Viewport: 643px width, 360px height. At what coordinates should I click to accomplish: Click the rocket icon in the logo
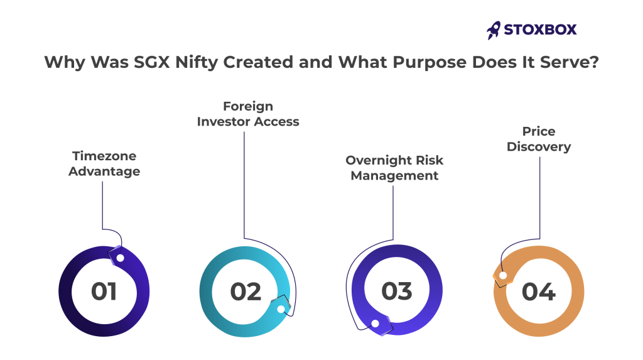(494, 30)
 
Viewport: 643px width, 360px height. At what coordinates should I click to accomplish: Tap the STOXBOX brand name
(540, 30)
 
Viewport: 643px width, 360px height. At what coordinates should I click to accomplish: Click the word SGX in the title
(152, 62)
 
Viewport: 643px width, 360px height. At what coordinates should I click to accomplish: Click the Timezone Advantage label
(104, 163)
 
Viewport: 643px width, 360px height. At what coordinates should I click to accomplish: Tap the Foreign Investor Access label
(248, 114)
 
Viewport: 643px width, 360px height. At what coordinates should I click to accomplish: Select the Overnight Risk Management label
(394, 168)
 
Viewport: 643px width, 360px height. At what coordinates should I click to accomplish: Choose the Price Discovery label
(539, 139)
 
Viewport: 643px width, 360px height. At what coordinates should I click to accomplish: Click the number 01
(104, 292)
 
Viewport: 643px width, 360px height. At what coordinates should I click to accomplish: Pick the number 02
(246, 292)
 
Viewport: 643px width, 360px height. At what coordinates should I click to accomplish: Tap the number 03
(397, 291)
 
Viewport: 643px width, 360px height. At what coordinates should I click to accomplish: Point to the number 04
(538, 292)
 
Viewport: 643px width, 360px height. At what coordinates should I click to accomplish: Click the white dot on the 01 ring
(120, 258)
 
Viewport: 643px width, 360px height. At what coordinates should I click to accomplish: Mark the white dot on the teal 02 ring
(281, 309)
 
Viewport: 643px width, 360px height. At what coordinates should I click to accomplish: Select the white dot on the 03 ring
(375, 324)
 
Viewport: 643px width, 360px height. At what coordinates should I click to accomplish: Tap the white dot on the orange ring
(503, 275)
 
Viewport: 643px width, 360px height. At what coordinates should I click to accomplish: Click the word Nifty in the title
(197, 63)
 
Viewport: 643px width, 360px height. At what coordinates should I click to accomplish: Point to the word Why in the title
(65, 63)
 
